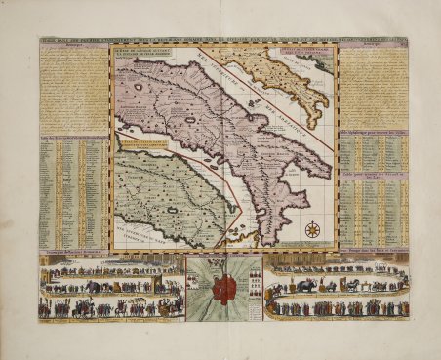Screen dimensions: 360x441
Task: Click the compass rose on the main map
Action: [x=313, y=230]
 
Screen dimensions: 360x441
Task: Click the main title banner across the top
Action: [x=220, y=40]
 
